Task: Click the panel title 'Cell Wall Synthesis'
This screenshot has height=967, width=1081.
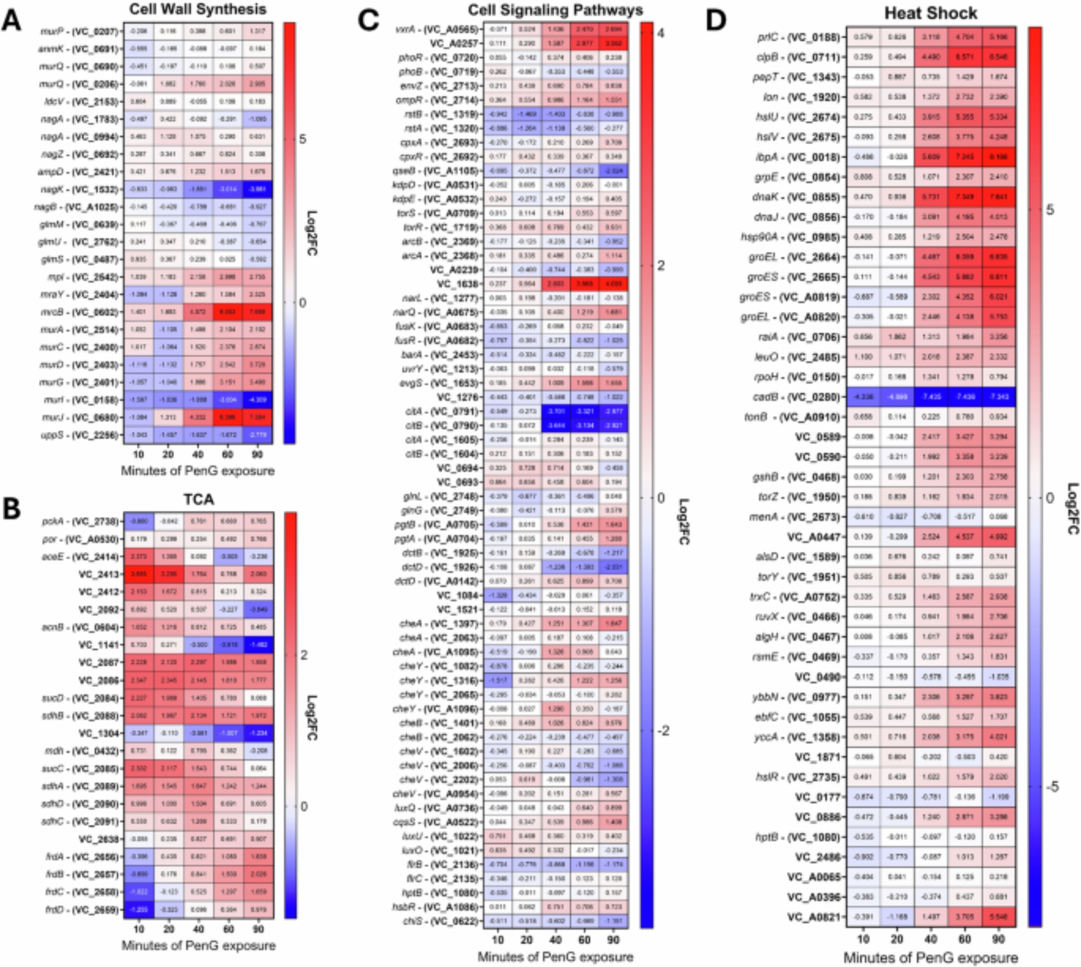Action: (198, 9)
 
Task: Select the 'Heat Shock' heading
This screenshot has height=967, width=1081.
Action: (930, 13)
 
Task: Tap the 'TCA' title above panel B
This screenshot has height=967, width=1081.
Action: (199, 499)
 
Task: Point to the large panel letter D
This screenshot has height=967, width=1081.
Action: (716, 20)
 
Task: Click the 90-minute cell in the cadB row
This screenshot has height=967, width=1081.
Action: (999, 397)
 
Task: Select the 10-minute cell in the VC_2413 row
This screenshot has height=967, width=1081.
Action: (138, 573)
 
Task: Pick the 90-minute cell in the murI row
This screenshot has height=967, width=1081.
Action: (258, 400)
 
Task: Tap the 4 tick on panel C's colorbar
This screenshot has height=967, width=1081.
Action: (660, 34)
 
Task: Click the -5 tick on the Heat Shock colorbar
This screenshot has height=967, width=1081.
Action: (1049, 786)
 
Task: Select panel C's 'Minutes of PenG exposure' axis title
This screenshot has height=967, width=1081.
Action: (555, 957)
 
